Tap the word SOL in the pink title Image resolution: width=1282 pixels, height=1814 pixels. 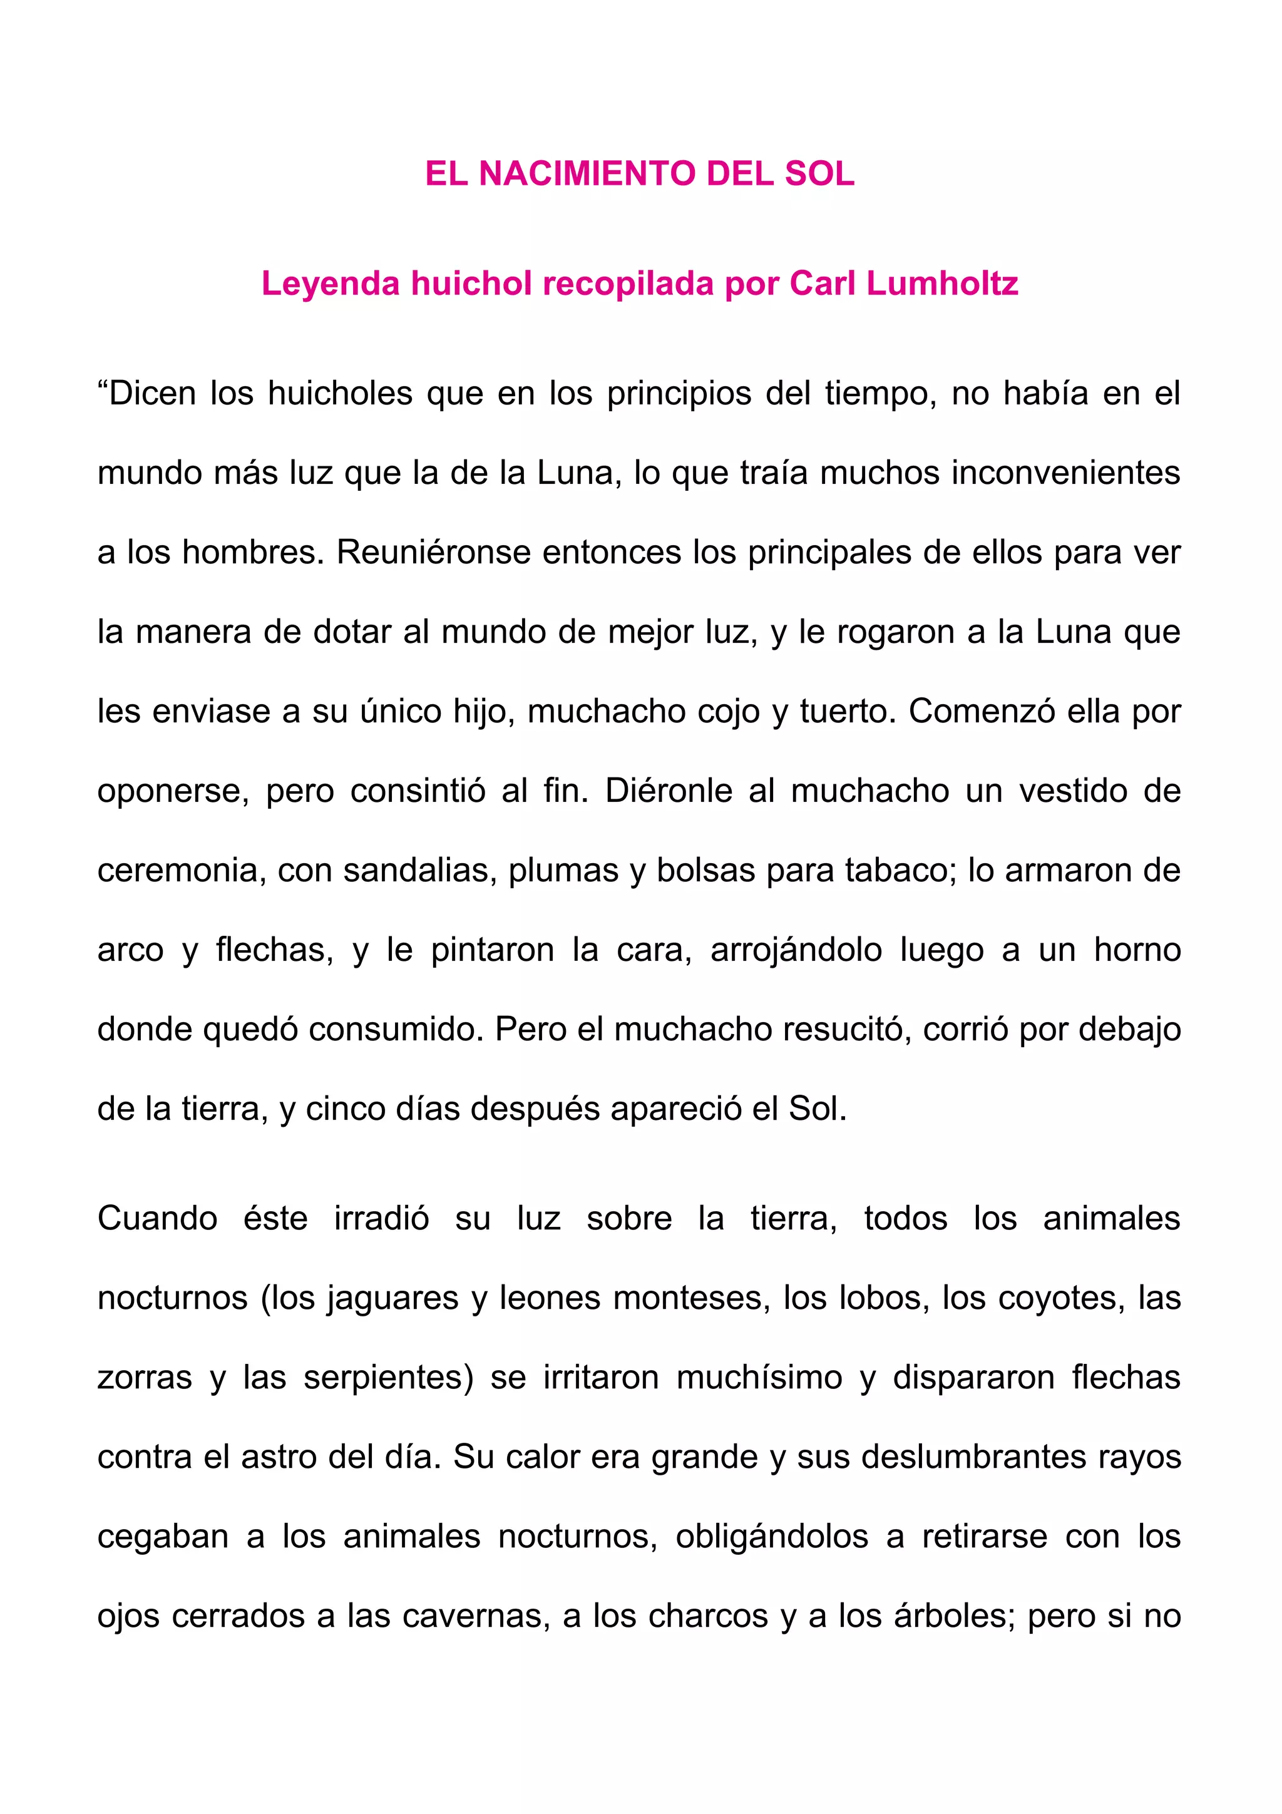coord(819,174)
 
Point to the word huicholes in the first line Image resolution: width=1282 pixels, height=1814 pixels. coord(340,394)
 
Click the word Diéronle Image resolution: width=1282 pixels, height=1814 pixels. coord(669,791)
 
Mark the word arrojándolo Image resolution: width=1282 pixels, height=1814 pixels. coord(796,950)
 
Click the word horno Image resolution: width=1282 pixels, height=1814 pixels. coord(1137,950)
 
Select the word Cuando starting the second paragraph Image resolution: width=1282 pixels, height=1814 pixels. coord(157,1218)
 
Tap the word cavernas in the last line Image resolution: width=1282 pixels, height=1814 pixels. coord(476,1616)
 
